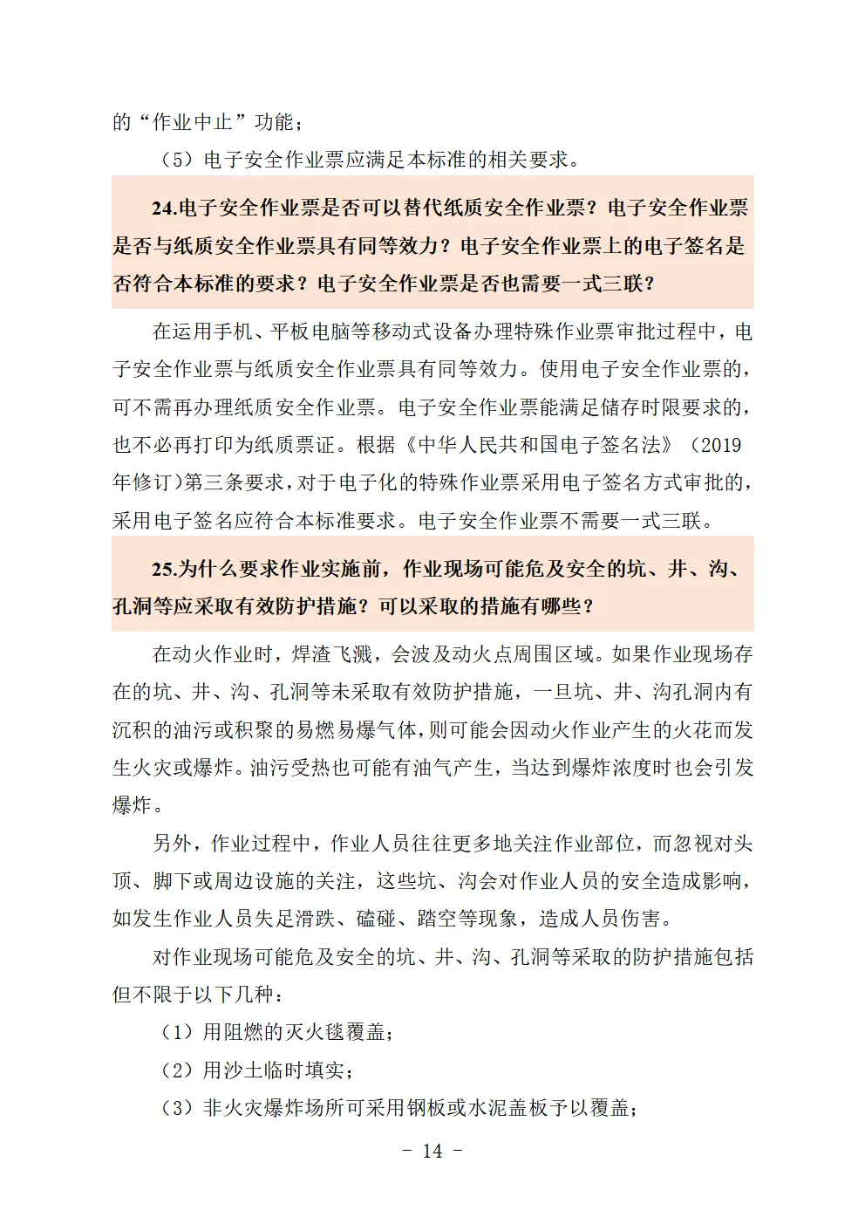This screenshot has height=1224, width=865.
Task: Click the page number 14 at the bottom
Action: click(x=432, y=1151)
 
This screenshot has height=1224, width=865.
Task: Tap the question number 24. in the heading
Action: click(x=164, y=208)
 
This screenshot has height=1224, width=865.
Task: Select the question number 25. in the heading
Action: click(x=164, y=570)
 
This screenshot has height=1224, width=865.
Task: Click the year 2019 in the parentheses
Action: click(x=721, y=445)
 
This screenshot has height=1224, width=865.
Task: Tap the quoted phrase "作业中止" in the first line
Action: click(x=191, y=122)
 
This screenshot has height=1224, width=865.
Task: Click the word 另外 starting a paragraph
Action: click(x=173, y=844)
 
